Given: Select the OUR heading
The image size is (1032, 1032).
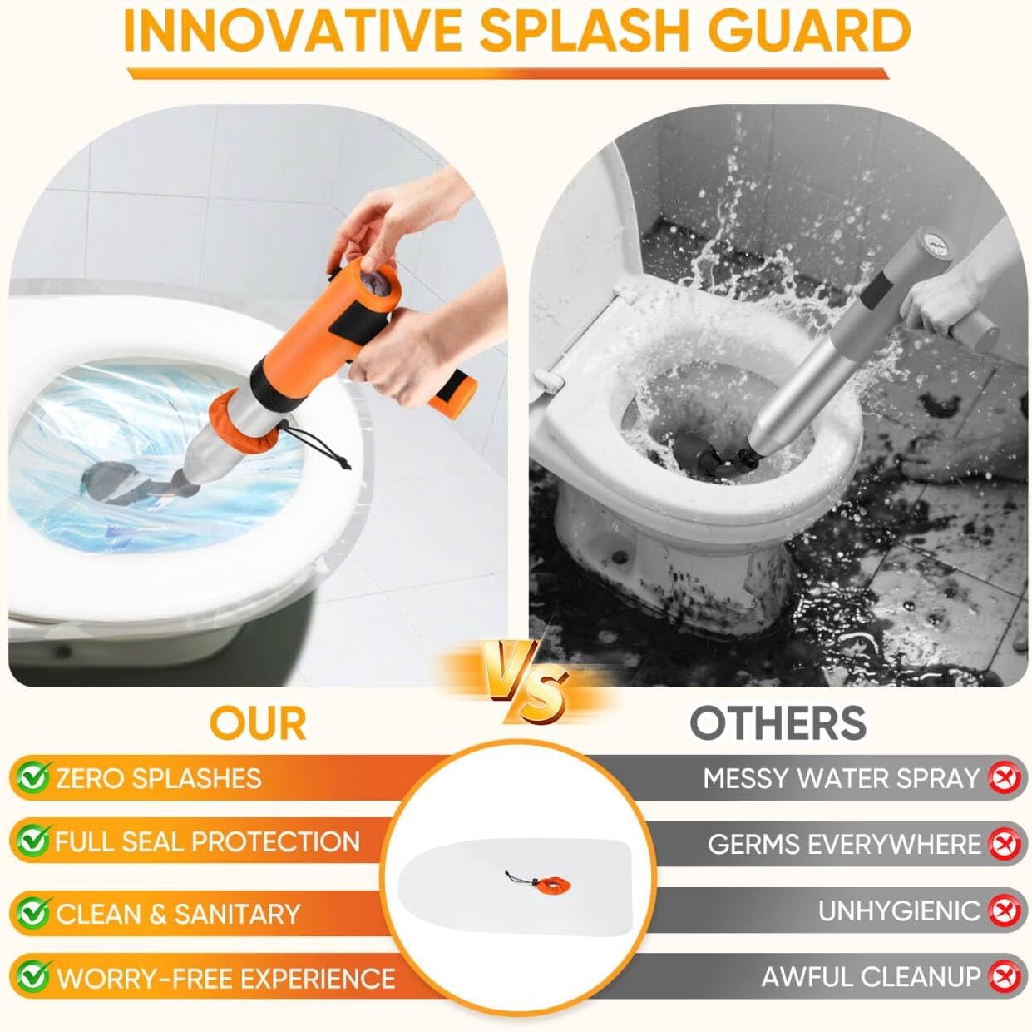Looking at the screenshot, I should pos(258,723).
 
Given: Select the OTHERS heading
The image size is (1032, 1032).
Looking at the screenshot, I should pos(778,723).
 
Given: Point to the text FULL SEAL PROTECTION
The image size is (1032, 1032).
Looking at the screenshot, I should pos(207,841).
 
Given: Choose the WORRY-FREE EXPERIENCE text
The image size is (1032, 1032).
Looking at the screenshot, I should pos(225,977).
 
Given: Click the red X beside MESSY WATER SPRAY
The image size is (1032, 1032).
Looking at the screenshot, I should pos(1004,777).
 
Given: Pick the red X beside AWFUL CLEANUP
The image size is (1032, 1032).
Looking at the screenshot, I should pos(1004,976).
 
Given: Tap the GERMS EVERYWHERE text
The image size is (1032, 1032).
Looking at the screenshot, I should pos(843,844).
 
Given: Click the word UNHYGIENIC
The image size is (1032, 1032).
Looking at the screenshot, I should pos(899,910).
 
